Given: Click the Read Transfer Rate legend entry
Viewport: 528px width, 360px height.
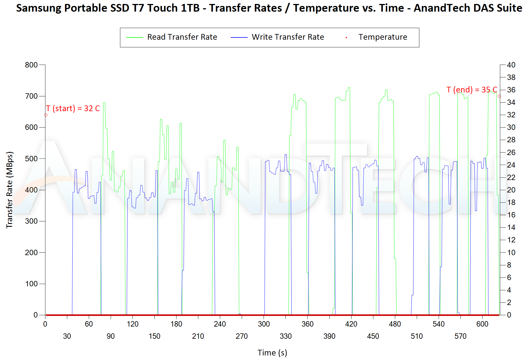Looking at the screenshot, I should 182,37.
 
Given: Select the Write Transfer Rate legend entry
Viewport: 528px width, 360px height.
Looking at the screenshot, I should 288,37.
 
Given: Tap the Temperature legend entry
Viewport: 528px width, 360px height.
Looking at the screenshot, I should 382,37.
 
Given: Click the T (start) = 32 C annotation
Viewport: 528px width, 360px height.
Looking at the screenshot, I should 73,109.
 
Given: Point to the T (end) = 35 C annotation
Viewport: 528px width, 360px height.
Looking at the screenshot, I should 472,90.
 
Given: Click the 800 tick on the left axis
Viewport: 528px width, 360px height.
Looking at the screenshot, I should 31,65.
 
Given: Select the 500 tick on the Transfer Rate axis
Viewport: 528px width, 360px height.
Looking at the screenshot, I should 31,159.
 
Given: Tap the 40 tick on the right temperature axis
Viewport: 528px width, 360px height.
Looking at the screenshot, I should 511,65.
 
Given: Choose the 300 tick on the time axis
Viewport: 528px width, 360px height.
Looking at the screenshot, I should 264,324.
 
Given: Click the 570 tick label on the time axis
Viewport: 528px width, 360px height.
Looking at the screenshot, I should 460,336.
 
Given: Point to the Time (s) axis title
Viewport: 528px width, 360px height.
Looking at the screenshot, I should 272,353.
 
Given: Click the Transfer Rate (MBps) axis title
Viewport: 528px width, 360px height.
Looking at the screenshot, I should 10,190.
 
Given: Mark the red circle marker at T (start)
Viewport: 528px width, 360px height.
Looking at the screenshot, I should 46,115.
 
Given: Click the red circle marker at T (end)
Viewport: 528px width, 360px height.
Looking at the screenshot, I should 499,96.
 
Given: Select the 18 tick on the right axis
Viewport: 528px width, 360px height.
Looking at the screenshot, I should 511,202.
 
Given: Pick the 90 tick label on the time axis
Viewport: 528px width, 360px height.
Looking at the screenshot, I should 111,336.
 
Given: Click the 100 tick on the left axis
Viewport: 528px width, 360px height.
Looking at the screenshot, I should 31,284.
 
